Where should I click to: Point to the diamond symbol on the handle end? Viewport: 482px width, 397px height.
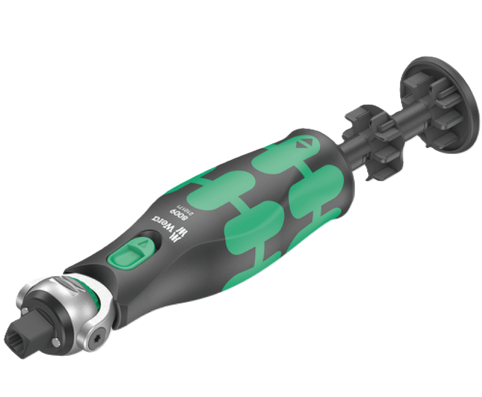(x=305, y=143)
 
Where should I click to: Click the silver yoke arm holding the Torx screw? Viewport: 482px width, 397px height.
(x=97, y=330)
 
